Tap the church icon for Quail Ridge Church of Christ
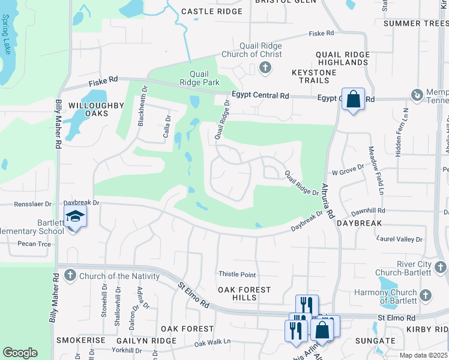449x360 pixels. (265, 68)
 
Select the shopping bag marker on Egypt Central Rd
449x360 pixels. (354, 99)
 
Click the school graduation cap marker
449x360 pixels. (76, 217)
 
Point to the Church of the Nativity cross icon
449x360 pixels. (70, 276)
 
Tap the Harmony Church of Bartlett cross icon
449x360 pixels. (425, 295)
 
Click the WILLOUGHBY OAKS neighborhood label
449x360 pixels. (88, 109)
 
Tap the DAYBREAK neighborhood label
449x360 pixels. (360, 223)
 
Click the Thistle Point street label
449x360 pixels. (237, 274)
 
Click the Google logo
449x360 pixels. (20, 352)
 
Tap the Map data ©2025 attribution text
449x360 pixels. (423, 355)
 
